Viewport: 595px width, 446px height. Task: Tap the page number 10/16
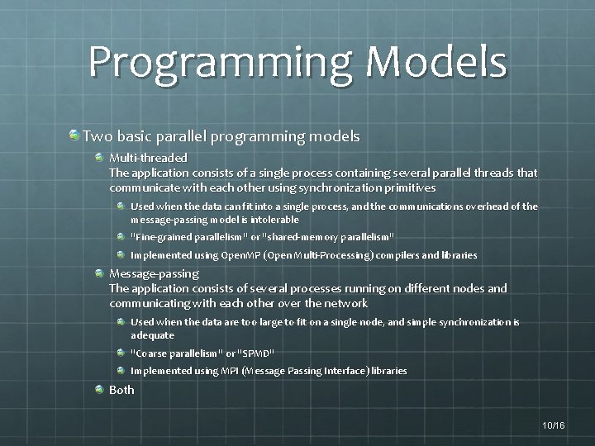tap(553, 425)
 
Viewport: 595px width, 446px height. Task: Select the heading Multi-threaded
tap(149, 157)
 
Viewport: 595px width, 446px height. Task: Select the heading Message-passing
tap(155, 273)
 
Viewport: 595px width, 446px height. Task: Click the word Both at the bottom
tap(121, 389)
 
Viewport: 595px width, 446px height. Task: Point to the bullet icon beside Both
tap(100, 389)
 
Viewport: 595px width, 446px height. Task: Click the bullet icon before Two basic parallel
tap(74, 134)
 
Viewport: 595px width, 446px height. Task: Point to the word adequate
tap(152, 336)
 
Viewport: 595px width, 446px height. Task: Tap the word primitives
tap(406, 187)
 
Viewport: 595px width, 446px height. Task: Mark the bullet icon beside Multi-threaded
tap(100, 157)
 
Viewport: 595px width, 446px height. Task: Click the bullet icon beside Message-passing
tap(100, 273)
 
